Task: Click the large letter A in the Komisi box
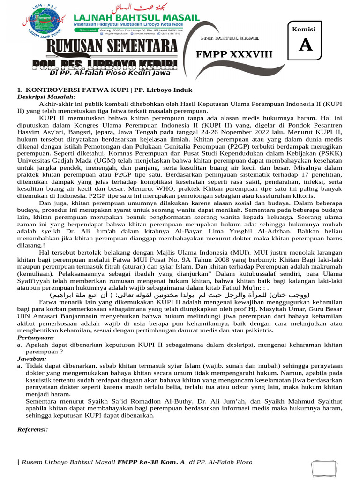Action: [x=306, y=45]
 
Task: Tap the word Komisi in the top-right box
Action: [x=304, y=29]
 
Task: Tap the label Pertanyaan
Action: [x=36, y=337]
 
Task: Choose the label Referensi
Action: [x=33, y=429]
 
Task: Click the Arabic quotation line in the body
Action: [x=180, y=295]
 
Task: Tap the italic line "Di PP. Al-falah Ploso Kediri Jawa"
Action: [x=110, y=73]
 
